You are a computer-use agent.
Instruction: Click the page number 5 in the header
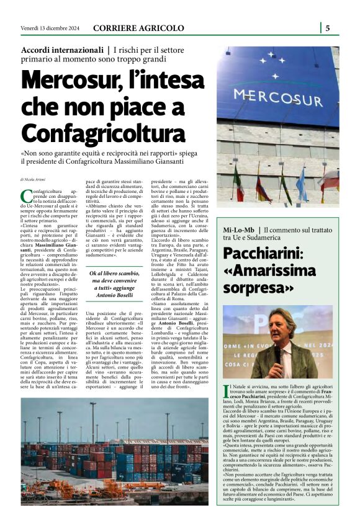(x=327, y=28)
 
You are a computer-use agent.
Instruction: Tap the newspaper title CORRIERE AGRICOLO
(x=138, y=28)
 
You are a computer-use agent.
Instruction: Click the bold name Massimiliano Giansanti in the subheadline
(x=144, y=161)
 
